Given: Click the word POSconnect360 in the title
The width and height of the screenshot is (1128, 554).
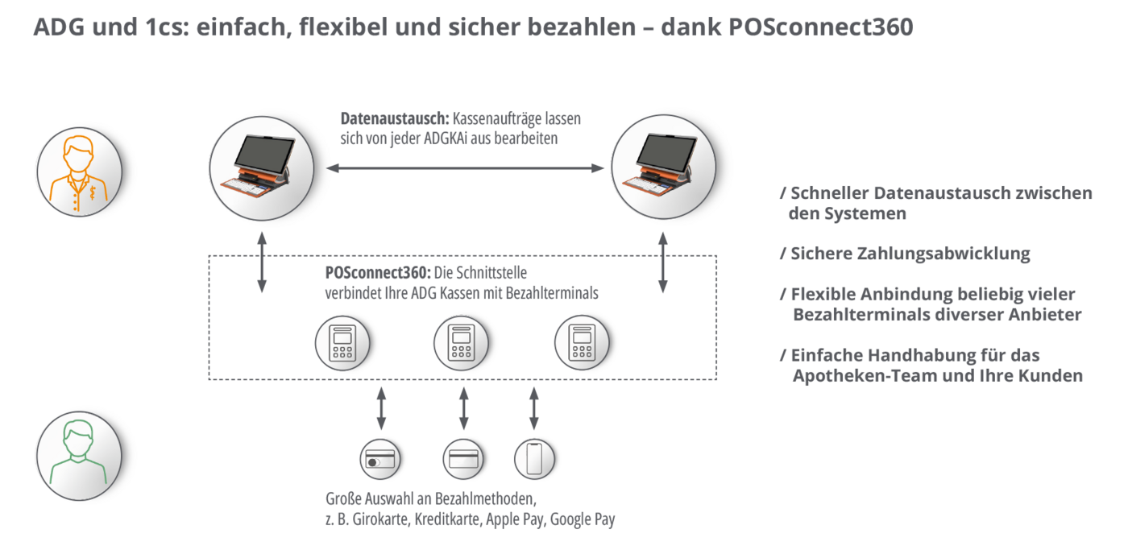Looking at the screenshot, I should coord(821,27).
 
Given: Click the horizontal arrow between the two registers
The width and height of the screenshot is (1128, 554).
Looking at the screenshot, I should coord(465,168).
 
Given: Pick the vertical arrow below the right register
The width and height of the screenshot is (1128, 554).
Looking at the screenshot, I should coord(662,263).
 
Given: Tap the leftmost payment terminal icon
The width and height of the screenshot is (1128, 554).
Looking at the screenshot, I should coord(342,342).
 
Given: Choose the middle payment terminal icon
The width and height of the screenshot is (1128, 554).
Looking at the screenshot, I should coord(462,342).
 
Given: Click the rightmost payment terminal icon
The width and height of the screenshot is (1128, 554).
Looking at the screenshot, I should coord(581,342).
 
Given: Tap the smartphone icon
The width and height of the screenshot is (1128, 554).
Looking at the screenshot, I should coord(533,459).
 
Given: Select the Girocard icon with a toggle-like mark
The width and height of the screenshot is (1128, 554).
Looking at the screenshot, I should coord(379,459).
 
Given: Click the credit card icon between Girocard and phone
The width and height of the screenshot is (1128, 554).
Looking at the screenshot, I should coord(462,459).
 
